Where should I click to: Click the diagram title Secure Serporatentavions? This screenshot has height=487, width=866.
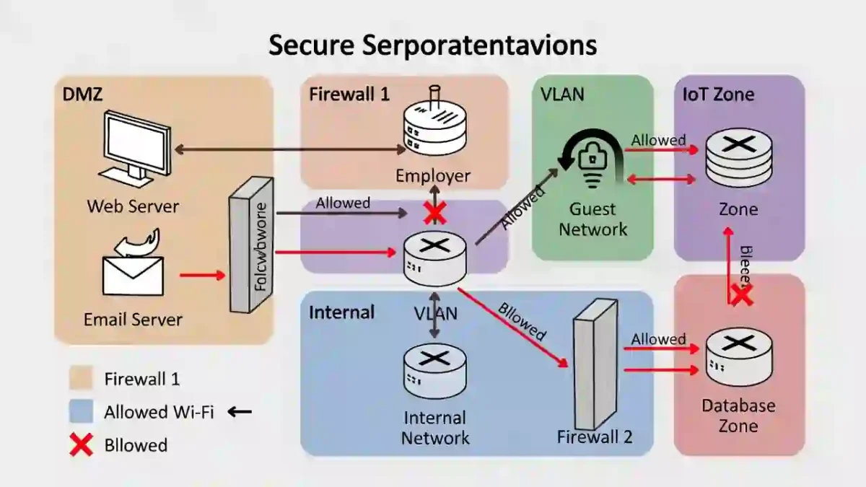(x=432, y=45)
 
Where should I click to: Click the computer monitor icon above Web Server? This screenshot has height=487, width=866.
(x=136, y=144)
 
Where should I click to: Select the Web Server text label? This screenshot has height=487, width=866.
(x=133, y=206)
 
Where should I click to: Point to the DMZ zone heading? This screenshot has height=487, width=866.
(x=82, y=95)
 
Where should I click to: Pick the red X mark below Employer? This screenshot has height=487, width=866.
(x=434, y=213)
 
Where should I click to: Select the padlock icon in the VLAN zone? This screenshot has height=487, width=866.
(x=592, y=156)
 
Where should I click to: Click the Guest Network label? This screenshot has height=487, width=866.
(x=593, y=219)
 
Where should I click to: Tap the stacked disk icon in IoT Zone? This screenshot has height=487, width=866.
(x=738, y=156)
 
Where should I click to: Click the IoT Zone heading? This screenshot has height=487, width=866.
(x=718, y=95)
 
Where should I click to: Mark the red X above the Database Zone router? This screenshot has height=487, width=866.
(x=740, y=294)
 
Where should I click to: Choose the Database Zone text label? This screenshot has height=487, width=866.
(x=738, y=416)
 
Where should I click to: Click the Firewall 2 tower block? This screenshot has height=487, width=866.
(x=595, y=364)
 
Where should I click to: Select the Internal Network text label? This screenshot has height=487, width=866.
(x=435, y=428)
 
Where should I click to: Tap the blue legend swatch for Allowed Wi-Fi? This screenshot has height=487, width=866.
(x=81, y=412)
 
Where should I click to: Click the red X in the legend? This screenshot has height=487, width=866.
(x=81, y=445)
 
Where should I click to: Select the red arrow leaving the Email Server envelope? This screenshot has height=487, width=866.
(x=202, y=275)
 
